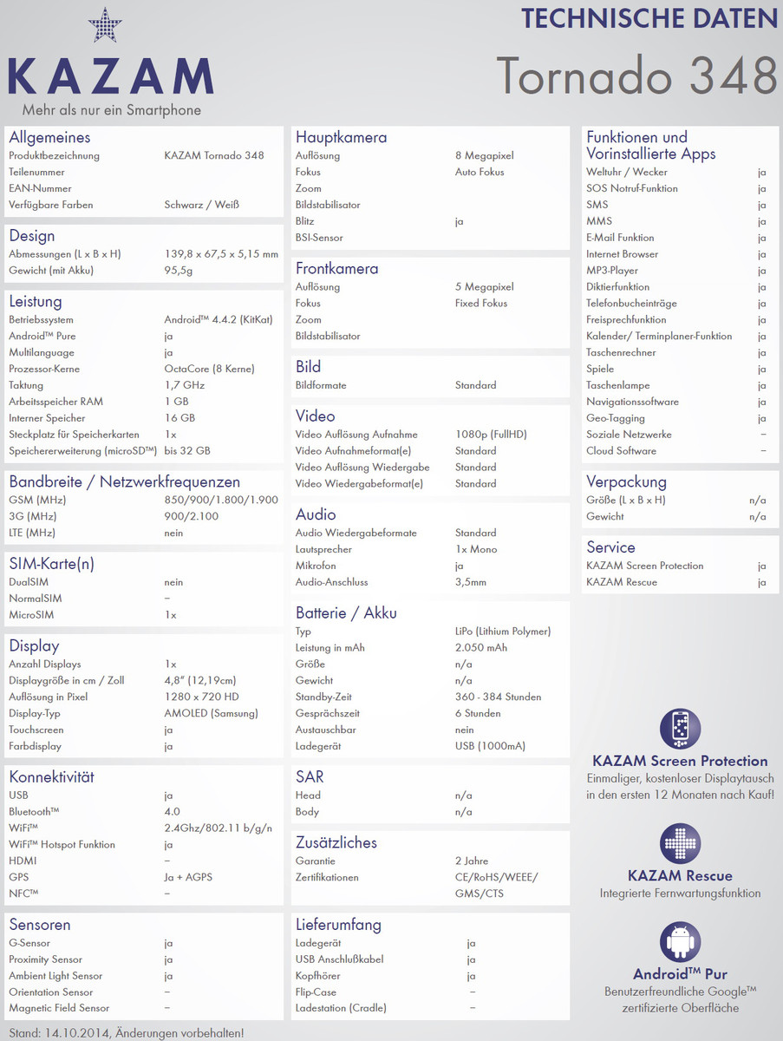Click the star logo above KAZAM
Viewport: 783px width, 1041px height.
(105, 25)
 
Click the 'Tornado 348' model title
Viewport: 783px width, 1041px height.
(636, 75)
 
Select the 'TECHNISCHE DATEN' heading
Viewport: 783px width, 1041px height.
(649, 18)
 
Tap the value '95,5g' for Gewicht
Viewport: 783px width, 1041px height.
(178, 271)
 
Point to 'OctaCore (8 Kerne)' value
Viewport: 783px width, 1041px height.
(209, 369)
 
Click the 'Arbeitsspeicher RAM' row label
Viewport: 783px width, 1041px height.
(55, 402)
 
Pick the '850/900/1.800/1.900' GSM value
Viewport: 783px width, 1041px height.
(221, 500)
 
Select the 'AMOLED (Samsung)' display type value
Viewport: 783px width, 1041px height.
(211, 713)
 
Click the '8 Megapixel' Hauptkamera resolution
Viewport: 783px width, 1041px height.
(484, 156)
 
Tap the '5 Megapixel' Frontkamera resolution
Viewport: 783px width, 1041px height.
(484, 287)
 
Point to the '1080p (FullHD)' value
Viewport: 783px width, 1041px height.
(491, 435)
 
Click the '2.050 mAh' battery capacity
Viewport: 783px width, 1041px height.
(481, 648)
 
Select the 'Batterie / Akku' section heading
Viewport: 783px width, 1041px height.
(346, 613)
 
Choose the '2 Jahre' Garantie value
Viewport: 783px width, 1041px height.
(471, 861)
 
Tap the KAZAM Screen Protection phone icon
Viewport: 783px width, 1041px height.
(680, 729)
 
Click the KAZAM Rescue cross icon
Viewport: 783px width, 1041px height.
(680, 844)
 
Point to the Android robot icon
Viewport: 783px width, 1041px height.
(680, 942)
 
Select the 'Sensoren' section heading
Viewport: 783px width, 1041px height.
(40, 925)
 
